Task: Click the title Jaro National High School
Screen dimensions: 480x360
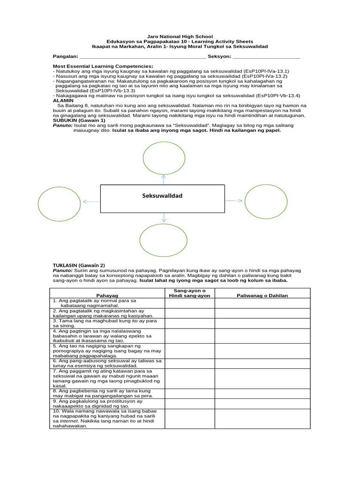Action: click(180, 37)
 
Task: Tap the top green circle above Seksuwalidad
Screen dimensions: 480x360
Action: click(164, 157)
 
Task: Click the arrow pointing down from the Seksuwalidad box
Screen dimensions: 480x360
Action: click(164, 217)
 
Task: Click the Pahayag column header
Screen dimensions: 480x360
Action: click(107, 295)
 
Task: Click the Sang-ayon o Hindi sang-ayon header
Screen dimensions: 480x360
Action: click(189, 293)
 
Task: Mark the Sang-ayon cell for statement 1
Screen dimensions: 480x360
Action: click(189, 303)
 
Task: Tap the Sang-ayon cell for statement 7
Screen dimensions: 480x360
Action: click(189, 378)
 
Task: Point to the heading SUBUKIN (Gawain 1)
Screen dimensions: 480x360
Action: click(79, 120)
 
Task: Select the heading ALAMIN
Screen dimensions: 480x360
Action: click(63, 100)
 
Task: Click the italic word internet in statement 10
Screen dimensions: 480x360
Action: click(68, 421)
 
